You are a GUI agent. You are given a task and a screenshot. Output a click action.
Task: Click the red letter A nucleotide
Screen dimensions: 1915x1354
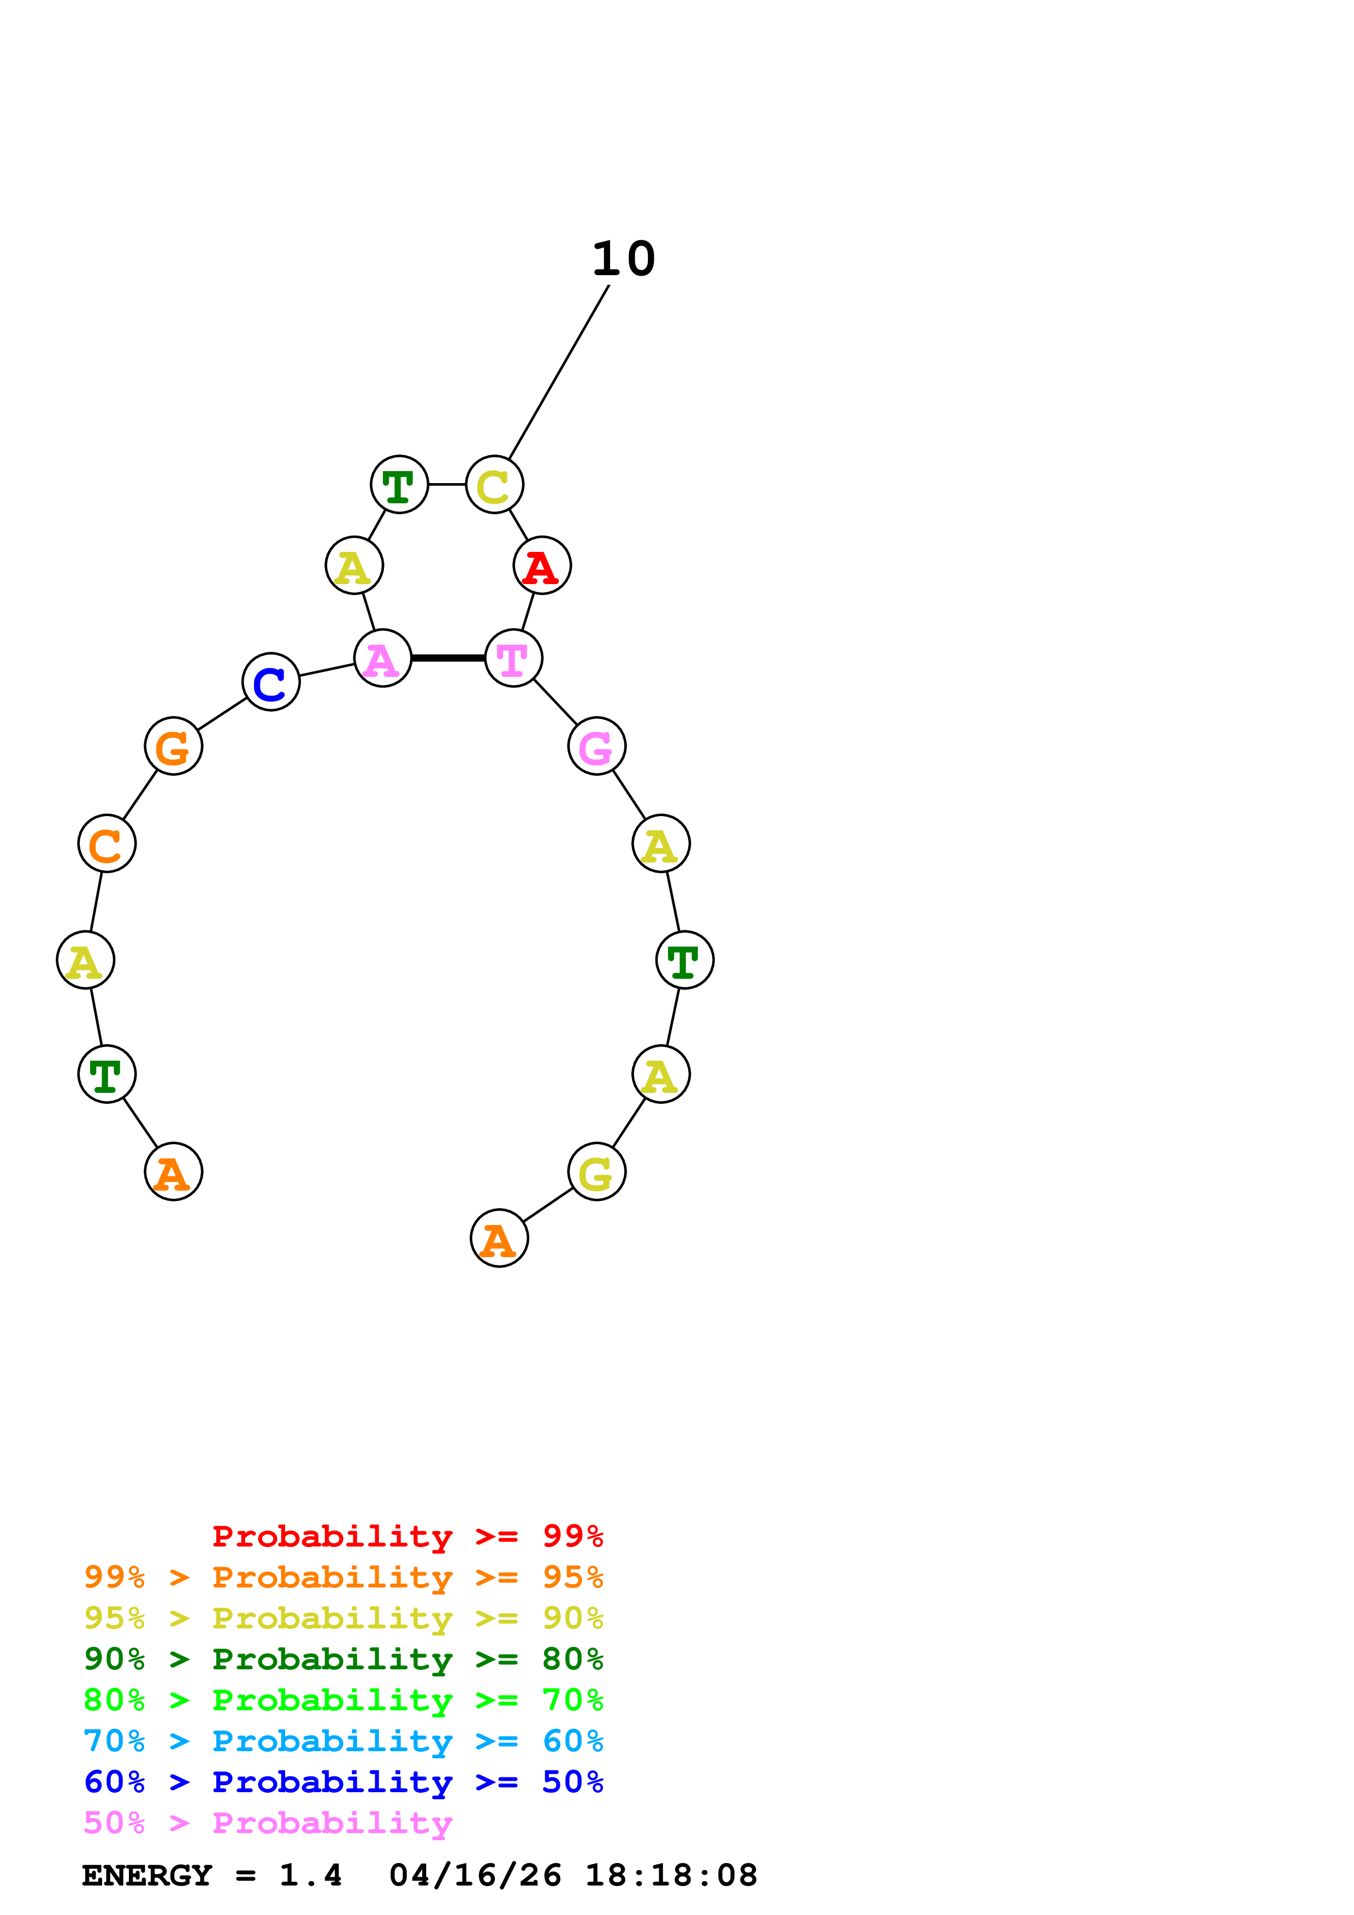541,566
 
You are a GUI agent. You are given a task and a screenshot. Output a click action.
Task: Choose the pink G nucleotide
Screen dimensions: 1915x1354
596,746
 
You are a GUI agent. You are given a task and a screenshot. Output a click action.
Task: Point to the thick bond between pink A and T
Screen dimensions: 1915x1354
448,658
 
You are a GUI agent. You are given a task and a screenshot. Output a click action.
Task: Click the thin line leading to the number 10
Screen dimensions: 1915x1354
559,371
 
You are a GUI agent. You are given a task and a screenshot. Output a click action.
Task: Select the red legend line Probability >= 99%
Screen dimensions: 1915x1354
407,1536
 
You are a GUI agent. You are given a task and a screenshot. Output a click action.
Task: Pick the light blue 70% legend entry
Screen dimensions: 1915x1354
343,1741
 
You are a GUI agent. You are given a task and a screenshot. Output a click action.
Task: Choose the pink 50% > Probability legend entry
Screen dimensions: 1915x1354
268,1822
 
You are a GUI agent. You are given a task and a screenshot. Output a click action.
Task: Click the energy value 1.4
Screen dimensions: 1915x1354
310,1875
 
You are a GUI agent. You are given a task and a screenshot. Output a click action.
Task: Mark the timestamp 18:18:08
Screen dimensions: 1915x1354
671,1875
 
